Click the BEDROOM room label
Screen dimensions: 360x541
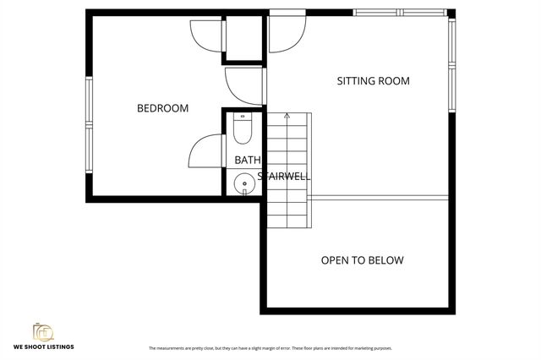click(162, 108)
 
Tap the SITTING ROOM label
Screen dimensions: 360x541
click(373, 82)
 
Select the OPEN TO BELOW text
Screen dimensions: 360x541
click(362, 260)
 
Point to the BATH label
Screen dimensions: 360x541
click(248, 160)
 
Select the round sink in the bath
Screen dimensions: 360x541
click(244, 181)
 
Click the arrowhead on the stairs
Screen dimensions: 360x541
click(287, 115)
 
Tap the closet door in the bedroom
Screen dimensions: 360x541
click(206, 34)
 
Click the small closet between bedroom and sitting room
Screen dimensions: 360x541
click(243, 39)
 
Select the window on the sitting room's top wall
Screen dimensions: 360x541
click(400, 13)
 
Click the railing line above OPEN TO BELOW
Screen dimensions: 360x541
click(377, 198)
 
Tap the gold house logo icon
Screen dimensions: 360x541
click(43, 332)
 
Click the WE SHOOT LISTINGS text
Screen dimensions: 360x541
click(43, 347)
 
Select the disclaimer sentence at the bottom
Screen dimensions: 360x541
click(270, 348)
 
